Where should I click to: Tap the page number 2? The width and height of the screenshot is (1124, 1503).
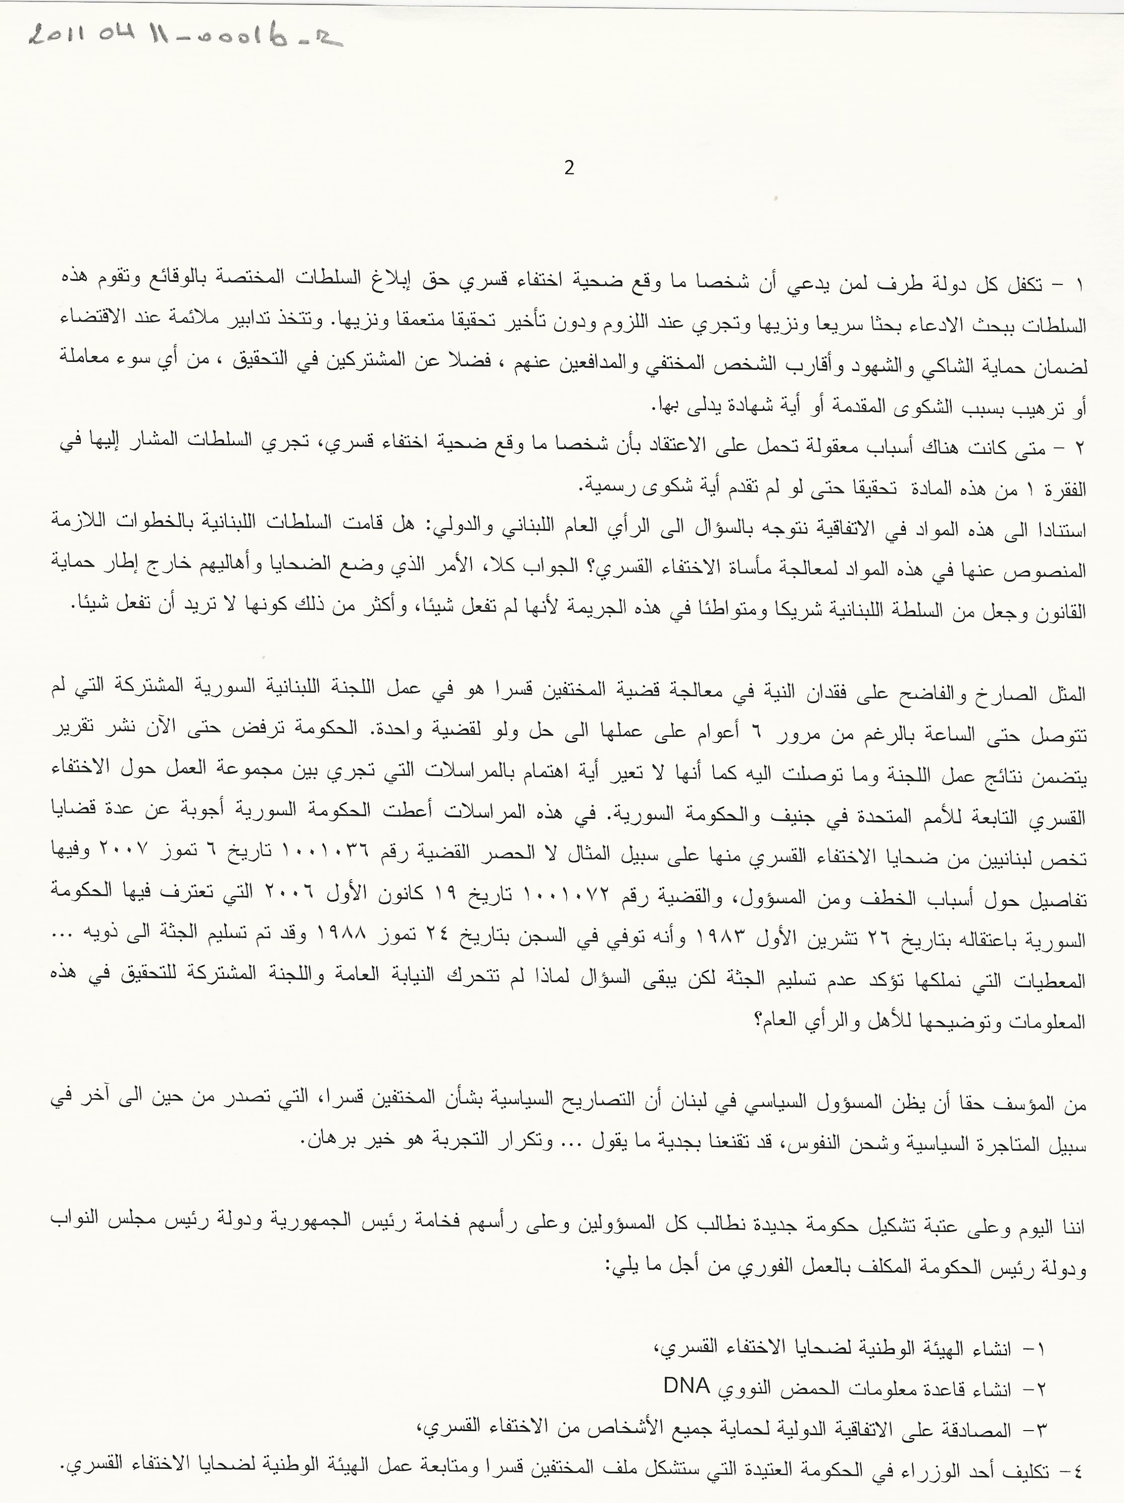569,168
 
